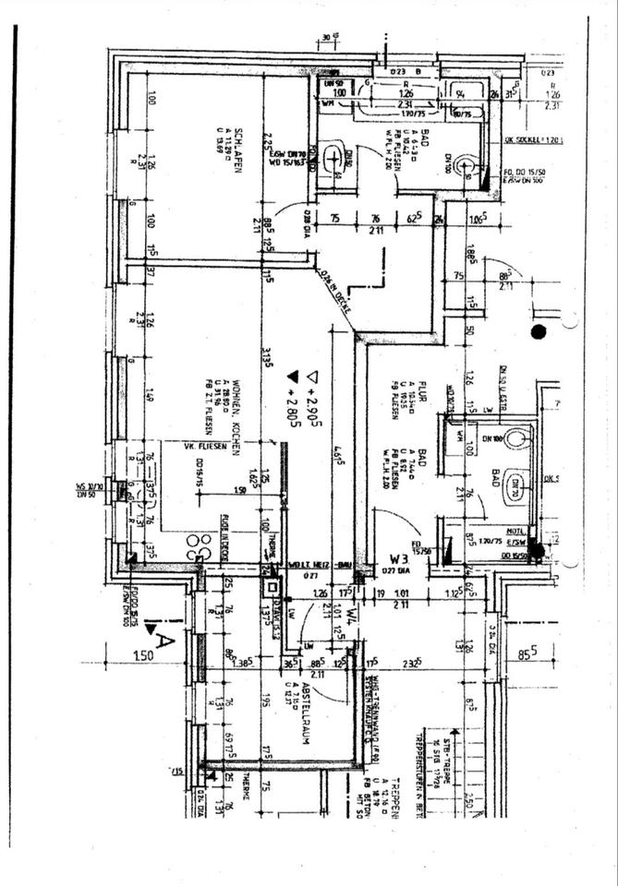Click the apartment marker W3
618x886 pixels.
pos(399,557)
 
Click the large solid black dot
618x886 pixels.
pos(539,330)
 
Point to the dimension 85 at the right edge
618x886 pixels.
pos(527,655)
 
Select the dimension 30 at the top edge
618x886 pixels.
pos(328,38)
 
